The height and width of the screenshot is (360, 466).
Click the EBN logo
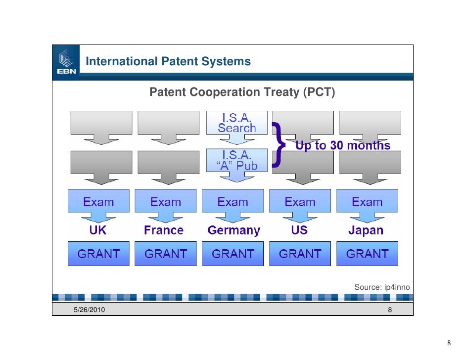pyautogui.click(x=66, y=63)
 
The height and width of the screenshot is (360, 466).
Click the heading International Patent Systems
pyautogui.click(x=168, y=62)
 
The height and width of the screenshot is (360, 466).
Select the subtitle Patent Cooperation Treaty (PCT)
pyautogui.click(x=242, y=92)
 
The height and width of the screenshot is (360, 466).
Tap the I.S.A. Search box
pyautogui.click(x=237, y=123)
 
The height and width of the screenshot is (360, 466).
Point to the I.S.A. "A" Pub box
pyautogui.click(x=237, y=160)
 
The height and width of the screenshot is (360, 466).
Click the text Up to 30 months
pyautogui.click(x=343, y=145)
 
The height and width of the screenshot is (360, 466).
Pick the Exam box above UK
pyautogui.click(x=98, y=202)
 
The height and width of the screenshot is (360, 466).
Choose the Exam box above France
pyautogui.click(x=166, y=202)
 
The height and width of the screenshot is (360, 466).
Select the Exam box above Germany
pyautogui.click(x=233, y=202)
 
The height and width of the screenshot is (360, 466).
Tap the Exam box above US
pyautogui.click(x=300, y=202)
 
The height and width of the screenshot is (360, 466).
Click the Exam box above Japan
pyautogui.click(x=367, y=202)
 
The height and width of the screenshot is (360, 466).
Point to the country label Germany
pyautogui.click(x=233, y=230)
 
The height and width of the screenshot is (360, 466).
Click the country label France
pyautogui.click(x=164, y=230)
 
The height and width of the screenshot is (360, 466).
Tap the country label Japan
pyautogui.click(x=366, y=230)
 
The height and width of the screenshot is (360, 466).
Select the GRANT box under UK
pyautogui.click(x=98, y=254)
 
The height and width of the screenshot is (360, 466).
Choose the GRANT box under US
pyautogui.click(x=300, y=254)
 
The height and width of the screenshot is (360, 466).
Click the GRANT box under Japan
pyautogui.click(x=367, y=254)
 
